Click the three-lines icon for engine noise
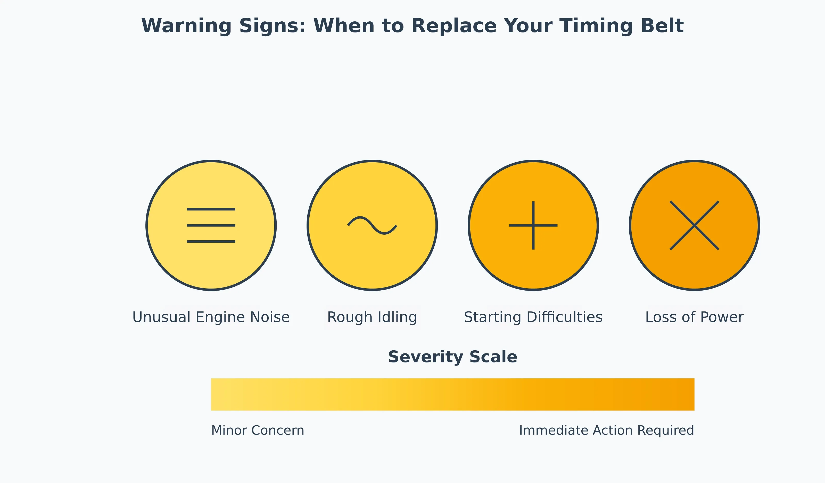click(x=211, y=225)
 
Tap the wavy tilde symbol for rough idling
click(x=372, y=225)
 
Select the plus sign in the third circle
click(x=533, y=225)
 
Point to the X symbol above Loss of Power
click(x=694, y=225)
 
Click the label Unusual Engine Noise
click(x=211, y=317)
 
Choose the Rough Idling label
click(x=372, y=317)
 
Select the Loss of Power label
click(x=694, y=317)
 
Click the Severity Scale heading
click(x=452, y=357)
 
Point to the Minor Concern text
click(x=258, y=430)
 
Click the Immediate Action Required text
click(x=606, y=430)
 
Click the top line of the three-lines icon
click(x=211, y=209)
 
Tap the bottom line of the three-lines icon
click(x=211, y=242)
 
